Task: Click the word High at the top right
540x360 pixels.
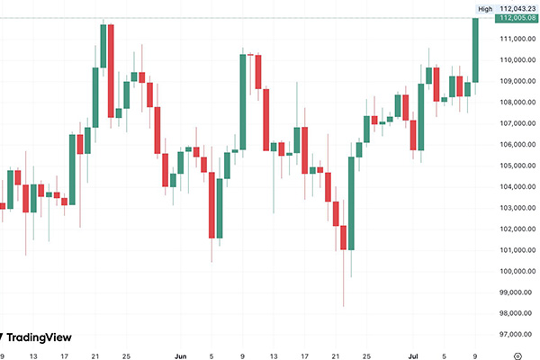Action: pos(485,8)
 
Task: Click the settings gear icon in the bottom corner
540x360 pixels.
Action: pos(517,355)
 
